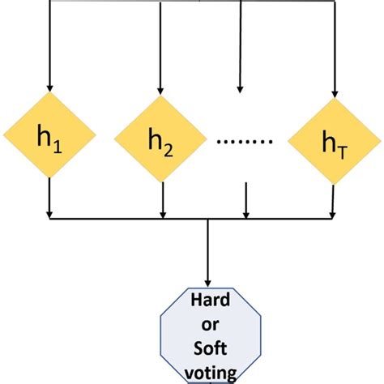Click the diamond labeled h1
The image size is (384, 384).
click(x=50, y=135)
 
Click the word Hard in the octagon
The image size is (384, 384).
click(x=210, y=301)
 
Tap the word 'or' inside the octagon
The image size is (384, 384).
click(x=210, y=325)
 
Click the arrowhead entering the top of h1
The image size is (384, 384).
click(x=50, y=87)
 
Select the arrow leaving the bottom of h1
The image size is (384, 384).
click(x=50, y=198)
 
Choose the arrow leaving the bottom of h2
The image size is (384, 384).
click(x=163, y=198)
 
